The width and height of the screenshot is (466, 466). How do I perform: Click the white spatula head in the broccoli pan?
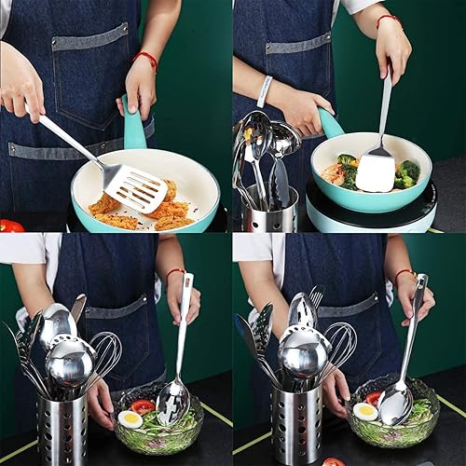(x=375, y=172)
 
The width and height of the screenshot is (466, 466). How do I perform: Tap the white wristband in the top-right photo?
(x=266, y=90)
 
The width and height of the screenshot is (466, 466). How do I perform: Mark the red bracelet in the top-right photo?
(x=389, y=19)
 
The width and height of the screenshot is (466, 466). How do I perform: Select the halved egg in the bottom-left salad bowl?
(x=130, y=419)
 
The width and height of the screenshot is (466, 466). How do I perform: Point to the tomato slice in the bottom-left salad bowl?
(x=143, y=406)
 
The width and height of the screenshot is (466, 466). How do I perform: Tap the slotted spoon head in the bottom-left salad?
(x=171, y=402)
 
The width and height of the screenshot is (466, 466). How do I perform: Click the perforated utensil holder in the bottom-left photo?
(x=62, y=428)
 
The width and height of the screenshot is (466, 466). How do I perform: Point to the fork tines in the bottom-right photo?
(x=316, y=296)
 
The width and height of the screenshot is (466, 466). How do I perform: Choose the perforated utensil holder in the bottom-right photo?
(x=295, y=424)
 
